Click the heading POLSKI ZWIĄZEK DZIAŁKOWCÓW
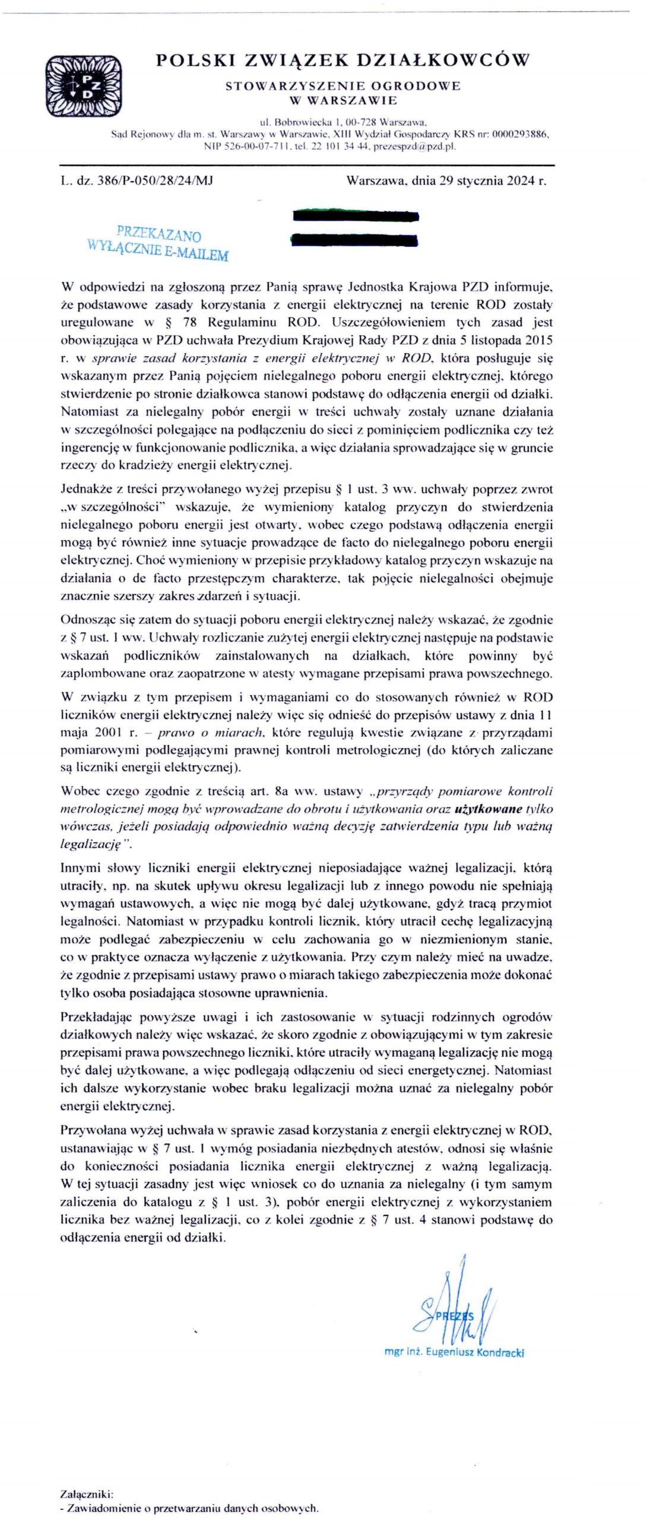(342, 59)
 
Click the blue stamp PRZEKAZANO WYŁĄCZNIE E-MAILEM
(158, 243)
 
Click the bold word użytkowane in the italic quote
(489, 809)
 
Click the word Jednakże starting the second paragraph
(84, 490)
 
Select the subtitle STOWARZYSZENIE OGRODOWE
(342, 86)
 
